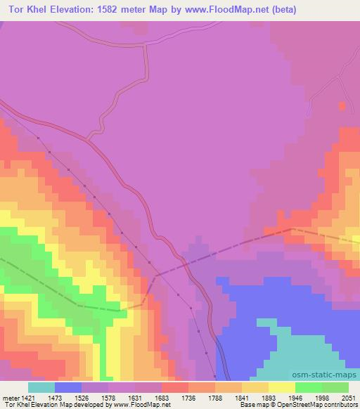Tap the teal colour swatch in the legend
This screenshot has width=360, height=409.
click(41, 387)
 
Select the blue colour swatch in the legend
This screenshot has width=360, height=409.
click(69, 387)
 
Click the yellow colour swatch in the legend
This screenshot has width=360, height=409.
click(282, 387)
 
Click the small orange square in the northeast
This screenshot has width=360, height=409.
click(342, 106)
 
